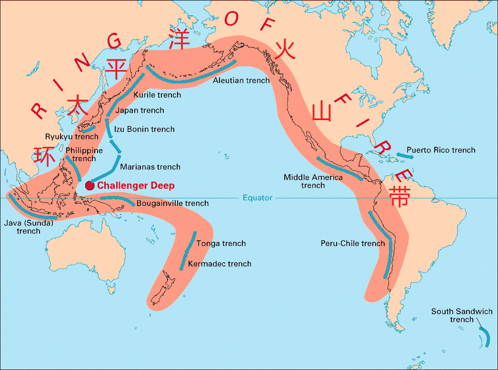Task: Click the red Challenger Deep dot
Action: click(x=89, y=185)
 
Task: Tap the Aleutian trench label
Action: click(x=241, y=80)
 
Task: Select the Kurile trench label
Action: click(x=157, y=95)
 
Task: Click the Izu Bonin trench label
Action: click(x=144, y=129)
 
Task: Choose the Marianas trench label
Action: click(x=150, y=167)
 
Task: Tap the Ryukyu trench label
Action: click(x=72, y=136)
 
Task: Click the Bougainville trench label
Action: click(x=172, y=203)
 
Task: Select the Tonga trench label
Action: click(x=221, y=243)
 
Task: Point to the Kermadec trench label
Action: click(x=219, y=264)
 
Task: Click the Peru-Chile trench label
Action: click(x=352, y=243)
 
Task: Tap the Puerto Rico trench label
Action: click(x=441, y=150)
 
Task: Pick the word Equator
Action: click(x=257, y=197)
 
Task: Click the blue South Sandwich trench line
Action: click(x=486, y=336)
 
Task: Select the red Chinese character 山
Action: click(x=322, y=112)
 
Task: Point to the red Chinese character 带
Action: click(x=398, y=197)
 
